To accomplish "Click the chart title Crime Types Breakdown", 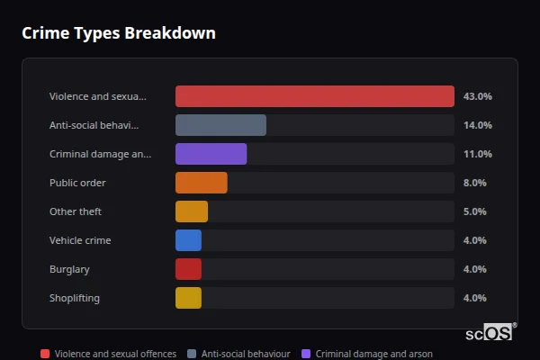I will (118, 33).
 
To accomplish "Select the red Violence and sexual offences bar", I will (314, 96).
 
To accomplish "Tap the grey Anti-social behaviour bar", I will (220, 125).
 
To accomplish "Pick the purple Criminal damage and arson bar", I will (211, 154).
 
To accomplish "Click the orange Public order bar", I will (201, 183).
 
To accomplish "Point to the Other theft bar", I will (192, 211).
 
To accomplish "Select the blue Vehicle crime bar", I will (188, 240).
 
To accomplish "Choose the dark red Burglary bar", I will (188, 269).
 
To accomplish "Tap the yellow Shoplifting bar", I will (188, 298).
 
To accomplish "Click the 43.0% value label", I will (477, 96).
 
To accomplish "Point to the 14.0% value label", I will (477, 125).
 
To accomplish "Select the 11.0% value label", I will (477, 154).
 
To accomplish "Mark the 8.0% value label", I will (474, 183).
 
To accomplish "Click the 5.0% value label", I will (474, 211).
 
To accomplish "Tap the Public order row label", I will (77, 183).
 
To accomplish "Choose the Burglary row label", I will (69, 269).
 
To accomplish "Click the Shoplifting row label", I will (75, 298).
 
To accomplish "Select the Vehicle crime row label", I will (80, 240).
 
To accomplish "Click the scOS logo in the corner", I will (490, 332).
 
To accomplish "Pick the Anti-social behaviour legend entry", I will (238, 354).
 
